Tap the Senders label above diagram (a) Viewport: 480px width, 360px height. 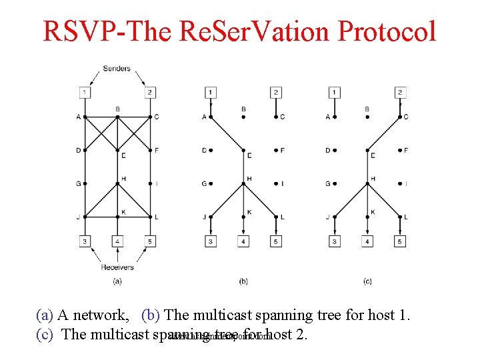pos(117,68)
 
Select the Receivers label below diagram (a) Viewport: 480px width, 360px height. pos(117,267)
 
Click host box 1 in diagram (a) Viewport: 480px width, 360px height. pos(85,92)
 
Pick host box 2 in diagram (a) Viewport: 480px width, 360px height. pos(150,92)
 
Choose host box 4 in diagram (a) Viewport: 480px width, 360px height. pos(117,241)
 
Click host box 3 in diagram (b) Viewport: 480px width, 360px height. pos(211,241)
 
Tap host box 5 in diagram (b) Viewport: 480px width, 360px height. pos(276,241)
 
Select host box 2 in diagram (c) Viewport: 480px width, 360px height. pos(400,92)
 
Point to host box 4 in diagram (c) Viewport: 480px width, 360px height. pos(367,241)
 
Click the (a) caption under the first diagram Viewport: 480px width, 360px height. pos(117,282)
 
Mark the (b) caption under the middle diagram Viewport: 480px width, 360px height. pos(243,282)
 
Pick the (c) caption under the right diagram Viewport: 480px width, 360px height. pos(367,282)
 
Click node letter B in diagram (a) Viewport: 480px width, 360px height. pos(117,109)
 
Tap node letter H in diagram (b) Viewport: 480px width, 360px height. pos(249,179)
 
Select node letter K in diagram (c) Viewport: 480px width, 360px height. pos(373,212)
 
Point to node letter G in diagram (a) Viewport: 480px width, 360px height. pos(78,183)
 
